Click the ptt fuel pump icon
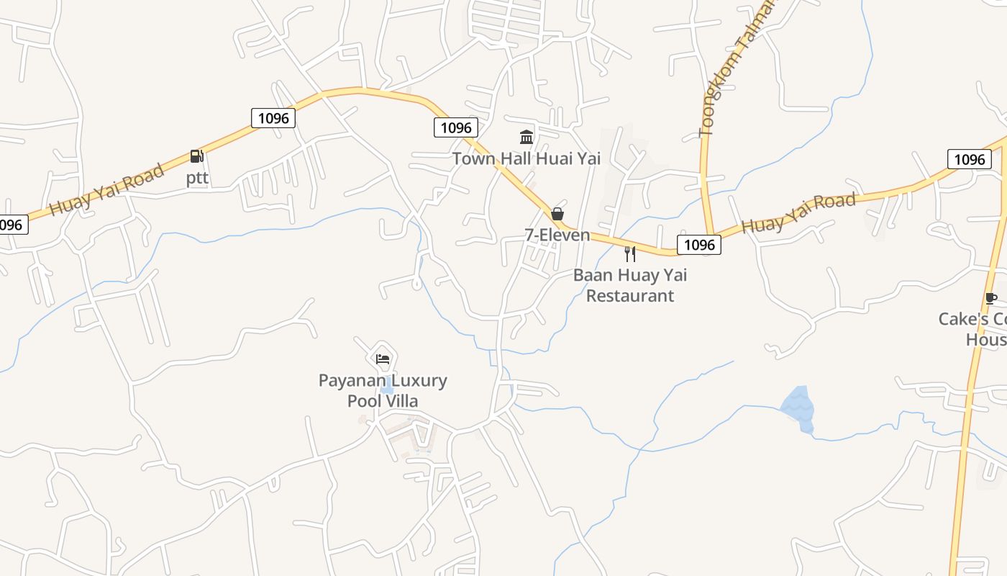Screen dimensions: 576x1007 point(196,156)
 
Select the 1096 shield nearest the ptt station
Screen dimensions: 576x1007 point(273,118)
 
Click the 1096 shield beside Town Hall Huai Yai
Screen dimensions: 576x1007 point(456,128)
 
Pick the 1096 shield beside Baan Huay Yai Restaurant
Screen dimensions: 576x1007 point(699,245)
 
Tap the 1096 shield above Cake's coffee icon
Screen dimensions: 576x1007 point(969,159)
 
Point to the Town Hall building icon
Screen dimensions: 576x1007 point(527,137)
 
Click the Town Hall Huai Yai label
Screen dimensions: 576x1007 point(527,158)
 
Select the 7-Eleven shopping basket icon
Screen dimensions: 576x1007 point(557,214)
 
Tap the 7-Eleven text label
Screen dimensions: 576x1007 point(557,235)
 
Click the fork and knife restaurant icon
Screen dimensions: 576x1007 point(630,253)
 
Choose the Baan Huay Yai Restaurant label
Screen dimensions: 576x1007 point(630,285)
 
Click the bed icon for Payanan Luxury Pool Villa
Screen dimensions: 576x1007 point(383,359)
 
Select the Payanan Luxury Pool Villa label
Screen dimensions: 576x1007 point(383,390)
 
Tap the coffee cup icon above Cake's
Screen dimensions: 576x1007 point(990,298)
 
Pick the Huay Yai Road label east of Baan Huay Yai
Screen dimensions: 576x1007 point(798,212)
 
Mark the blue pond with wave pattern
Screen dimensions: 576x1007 point(798,408)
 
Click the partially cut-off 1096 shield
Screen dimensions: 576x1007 point(12,225)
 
